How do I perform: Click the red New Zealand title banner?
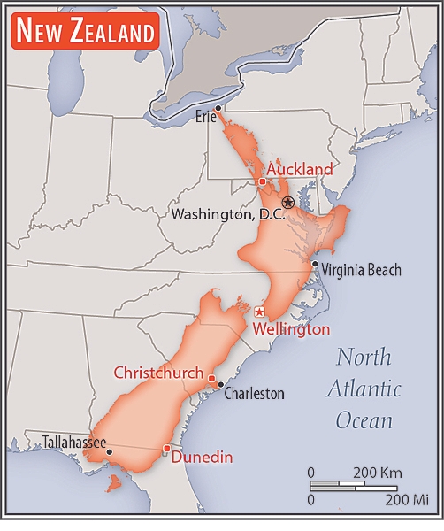[85, 33]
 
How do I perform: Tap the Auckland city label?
[300, 169]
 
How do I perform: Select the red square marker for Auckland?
[263, 181]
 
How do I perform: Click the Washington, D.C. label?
[227, 214]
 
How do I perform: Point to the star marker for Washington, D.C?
[288, 203]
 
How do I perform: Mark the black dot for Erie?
[218, 108]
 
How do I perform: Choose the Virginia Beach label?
[361, 270]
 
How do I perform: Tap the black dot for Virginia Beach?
[315, 264]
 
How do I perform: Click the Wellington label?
[291, 329]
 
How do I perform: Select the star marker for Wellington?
[259, 312]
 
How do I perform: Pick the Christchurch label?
[158, 373]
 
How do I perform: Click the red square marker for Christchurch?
[211, 378]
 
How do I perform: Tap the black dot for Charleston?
[219, 386]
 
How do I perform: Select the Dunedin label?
[202, 458]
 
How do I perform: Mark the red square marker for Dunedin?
[166, 450]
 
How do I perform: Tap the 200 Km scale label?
[378, 471]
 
